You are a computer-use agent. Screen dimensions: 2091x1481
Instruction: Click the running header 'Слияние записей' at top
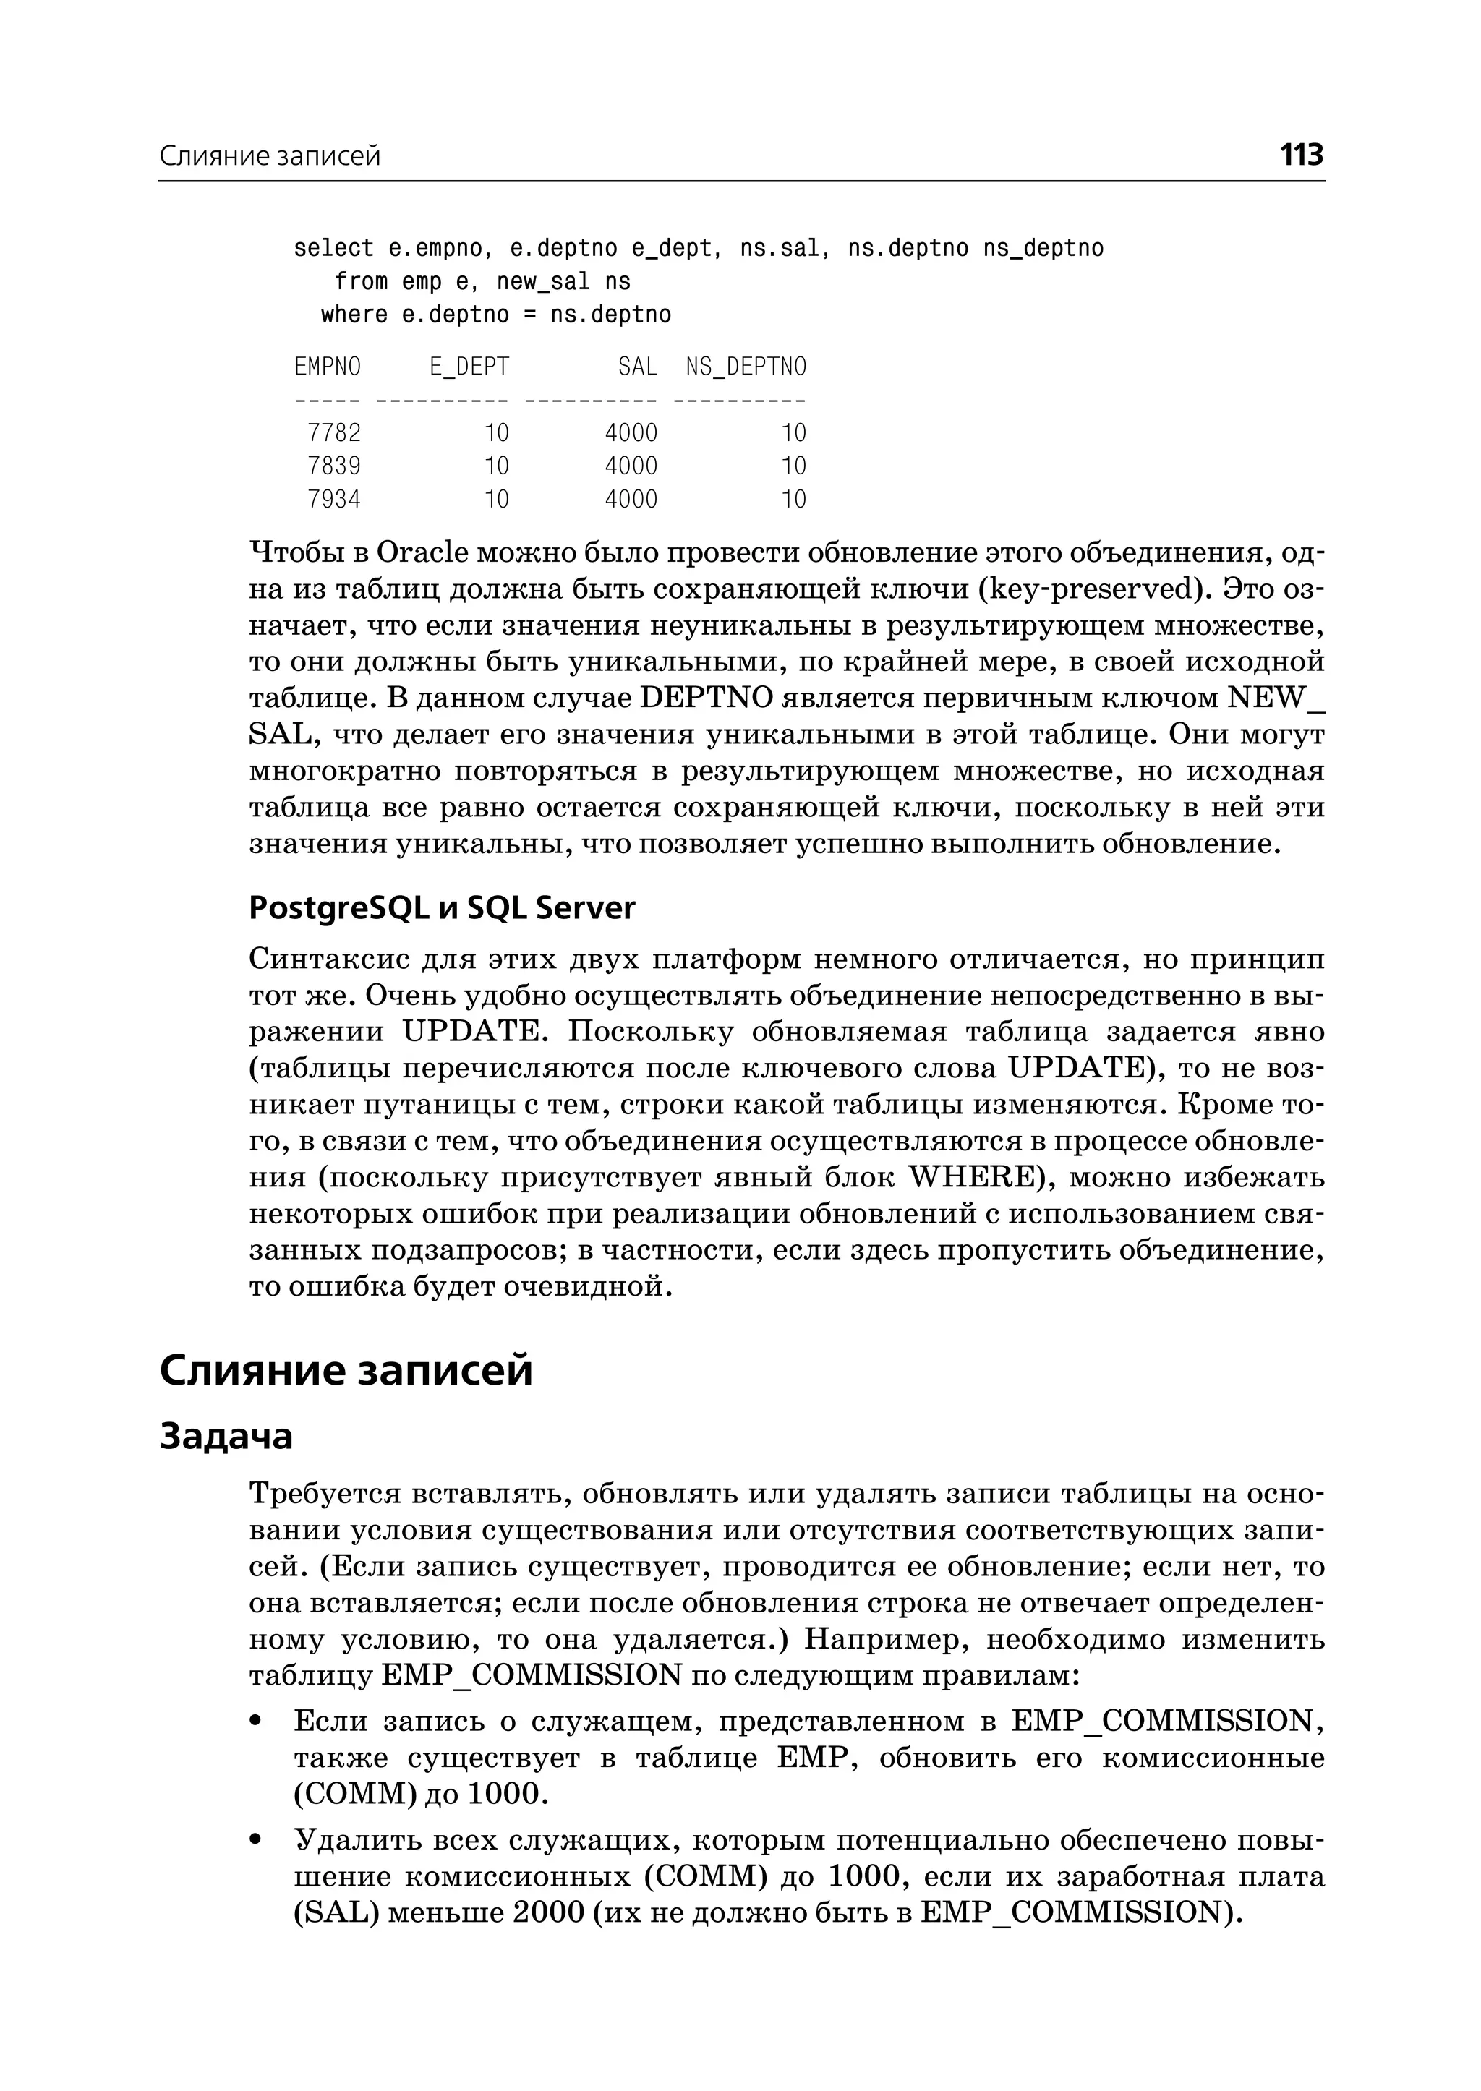270,157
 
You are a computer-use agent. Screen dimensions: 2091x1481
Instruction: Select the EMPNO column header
328,367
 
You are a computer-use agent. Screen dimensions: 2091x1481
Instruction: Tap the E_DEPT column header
469,367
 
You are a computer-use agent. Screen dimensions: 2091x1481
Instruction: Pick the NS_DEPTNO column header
746,367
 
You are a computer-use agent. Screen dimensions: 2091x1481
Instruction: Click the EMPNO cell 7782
334,432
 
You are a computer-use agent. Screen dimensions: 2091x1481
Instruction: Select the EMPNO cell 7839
334,466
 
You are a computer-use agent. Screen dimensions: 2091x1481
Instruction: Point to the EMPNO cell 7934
334,500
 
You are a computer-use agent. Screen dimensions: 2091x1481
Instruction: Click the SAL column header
637,367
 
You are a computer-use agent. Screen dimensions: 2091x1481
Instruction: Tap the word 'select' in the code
334,248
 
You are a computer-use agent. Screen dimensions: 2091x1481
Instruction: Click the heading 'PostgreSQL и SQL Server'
443,908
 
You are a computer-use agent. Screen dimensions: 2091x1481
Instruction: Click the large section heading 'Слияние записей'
346,1371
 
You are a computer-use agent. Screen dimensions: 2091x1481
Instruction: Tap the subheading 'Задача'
226,1435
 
